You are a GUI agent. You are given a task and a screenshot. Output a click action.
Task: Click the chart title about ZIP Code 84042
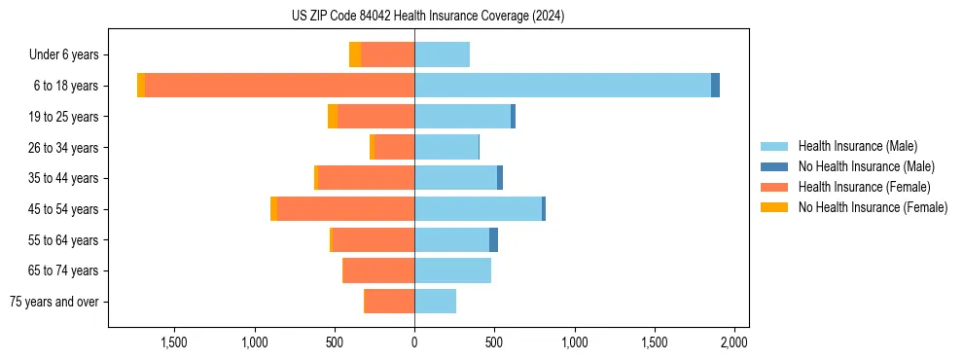point(428,17)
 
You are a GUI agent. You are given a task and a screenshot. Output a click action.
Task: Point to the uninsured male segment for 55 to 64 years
point(493,240)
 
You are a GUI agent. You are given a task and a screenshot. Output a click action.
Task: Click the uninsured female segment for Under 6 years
point(355,54)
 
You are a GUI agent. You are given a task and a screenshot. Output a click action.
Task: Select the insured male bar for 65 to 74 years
point(452,270)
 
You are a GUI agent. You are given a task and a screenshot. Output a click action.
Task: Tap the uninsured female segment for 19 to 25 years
point(333,117)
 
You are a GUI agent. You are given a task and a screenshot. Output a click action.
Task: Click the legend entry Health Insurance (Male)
point(857,146)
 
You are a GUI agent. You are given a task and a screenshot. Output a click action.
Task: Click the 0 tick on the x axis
point(414,342)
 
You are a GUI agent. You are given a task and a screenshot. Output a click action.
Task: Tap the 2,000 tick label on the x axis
point(733,342)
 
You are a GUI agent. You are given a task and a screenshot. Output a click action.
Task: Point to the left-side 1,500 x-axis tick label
point(174,342)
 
